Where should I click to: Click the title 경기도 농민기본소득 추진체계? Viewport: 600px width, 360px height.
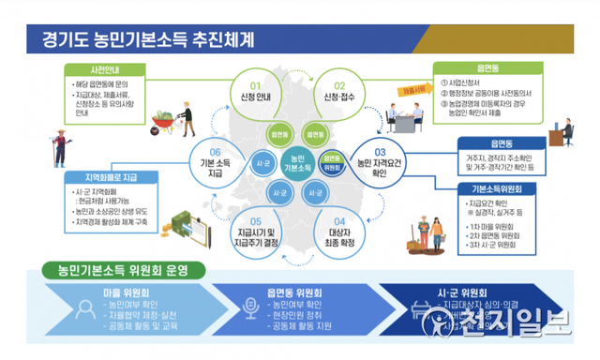point(147,40)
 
